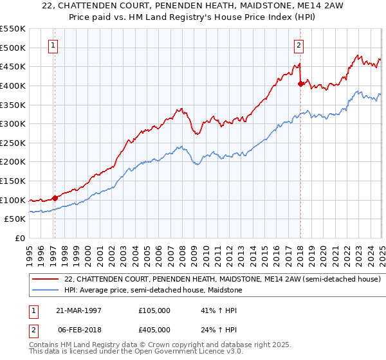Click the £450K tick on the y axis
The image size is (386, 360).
13,66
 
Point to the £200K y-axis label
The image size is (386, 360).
13,161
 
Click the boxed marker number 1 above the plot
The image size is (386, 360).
53,45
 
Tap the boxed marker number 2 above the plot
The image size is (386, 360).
299,45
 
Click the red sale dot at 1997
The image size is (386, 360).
55,198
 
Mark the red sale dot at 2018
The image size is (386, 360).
300,84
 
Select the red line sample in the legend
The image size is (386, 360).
44,279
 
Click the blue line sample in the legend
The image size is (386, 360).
44,290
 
